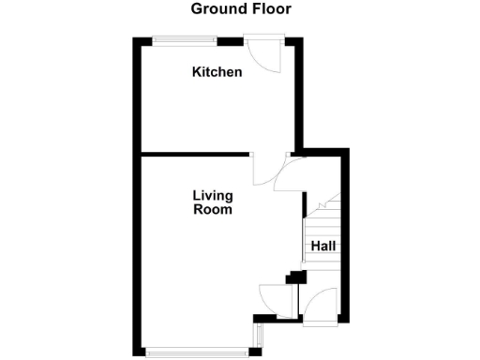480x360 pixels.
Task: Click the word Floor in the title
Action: (270, 9)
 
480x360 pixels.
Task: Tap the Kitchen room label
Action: (217, 72)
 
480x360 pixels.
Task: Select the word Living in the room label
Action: (213, 196)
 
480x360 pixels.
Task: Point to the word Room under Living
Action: (213, 210)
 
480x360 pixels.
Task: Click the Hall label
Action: (323, 247)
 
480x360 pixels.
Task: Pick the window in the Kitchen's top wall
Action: (185, 40)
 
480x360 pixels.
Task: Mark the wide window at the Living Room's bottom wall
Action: (198, 352)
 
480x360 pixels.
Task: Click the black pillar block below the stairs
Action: (297, 277)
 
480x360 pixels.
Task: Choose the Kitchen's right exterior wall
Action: (299, 94)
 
